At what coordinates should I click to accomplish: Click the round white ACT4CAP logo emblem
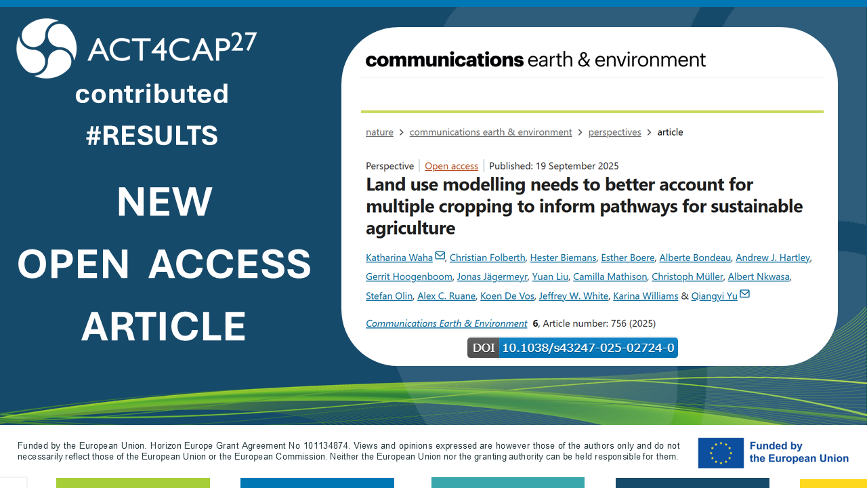(47, 48)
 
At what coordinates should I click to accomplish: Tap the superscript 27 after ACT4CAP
(244, 42)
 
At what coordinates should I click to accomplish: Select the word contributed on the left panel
(152, 94)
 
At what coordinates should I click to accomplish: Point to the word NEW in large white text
(165, 201)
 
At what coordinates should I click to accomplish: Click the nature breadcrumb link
(379, 132)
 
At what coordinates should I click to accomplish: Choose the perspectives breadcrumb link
(614, 132)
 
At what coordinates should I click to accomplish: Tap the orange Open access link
(451, 166)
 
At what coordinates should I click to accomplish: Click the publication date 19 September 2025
(577, 166)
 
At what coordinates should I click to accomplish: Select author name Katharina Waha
(399, 258)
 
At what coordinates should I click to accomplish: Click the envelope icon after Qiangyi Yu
(744, 293)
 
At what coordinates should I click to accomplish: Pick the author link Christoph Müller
(687, 277)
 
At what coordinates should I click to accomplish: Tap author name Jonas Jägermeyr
(492, 277)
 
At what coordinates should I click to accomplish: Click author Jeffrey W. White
(574, 296)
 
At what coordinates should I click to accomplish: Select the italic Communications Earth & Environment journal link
(446, 323)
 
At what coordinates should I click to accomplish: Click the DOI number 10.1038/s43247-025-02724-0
(589, 348)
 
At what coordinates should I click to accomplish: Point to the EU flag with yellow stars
(721, 453)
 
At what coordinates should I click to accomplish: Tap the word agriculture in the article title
(410, 228)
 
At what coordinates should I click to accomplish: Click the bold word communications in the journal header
(444, 60)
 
